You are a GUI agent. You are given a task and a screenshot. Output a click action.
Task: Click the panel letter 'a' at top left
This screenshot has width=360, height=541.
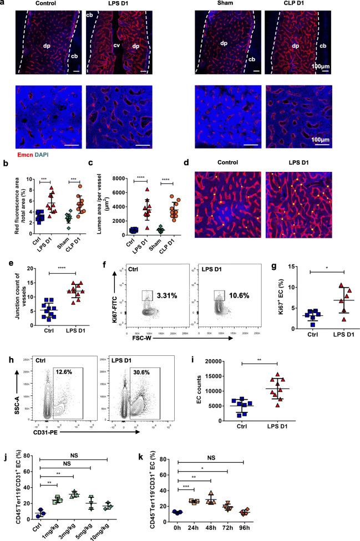point(3,3)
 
